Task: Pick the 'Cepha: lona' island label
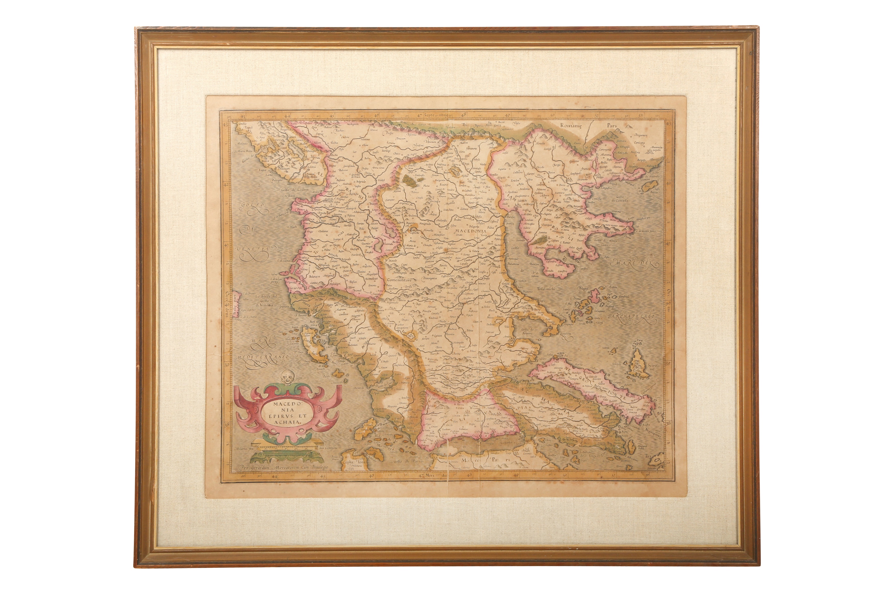point(354,462)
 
